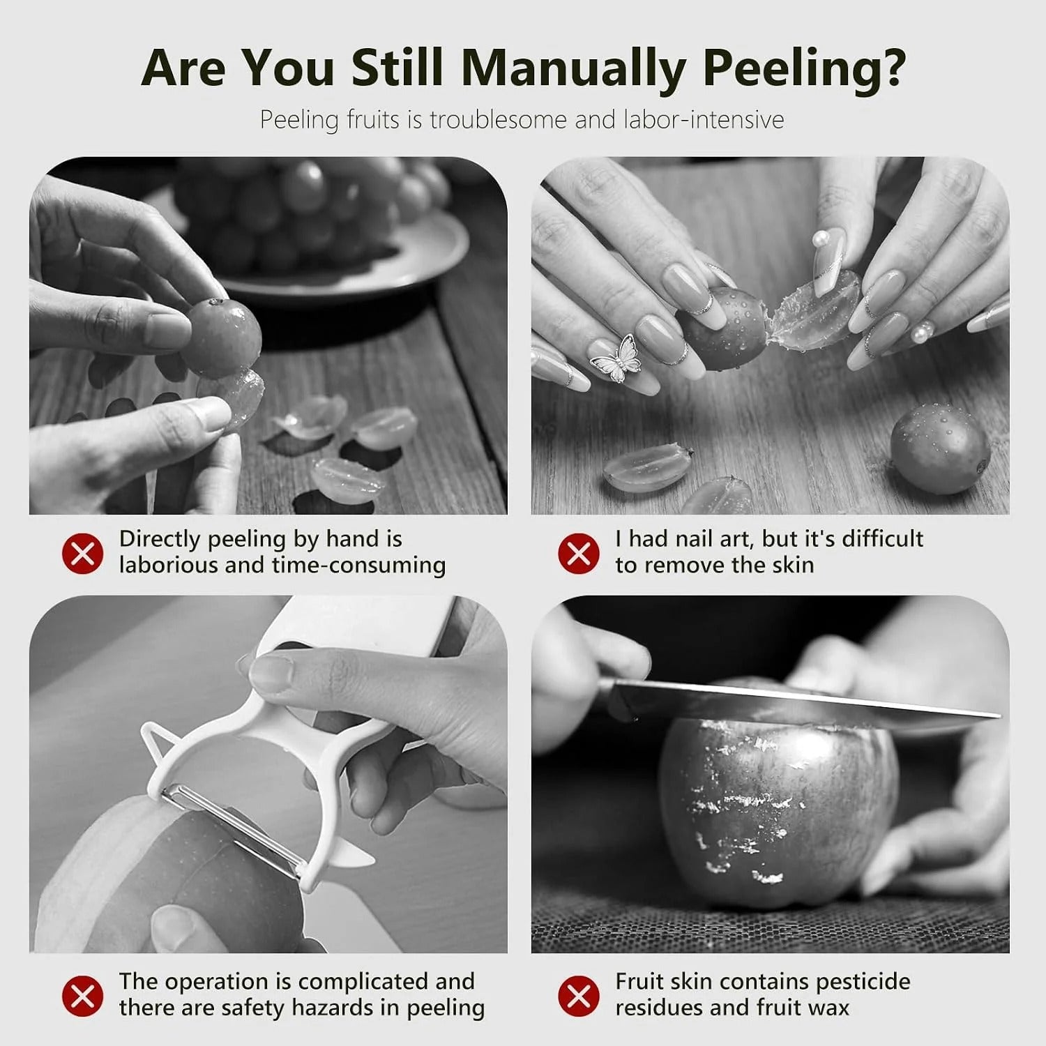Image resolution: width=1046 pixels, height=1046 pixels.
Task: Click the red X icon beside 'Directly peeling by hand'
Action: click(x=82, y=554)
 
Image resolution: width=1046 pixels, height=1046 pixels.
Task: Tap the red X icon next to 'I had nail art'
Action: click(x=578, y=554)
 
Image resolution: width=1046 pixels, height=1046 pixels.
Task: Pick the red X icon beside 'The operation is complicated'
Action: click(x=82, y=996)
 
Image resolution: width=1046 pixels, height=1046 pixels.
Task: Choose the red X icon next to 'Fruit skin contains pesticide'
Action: click(x=578, y=996)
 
